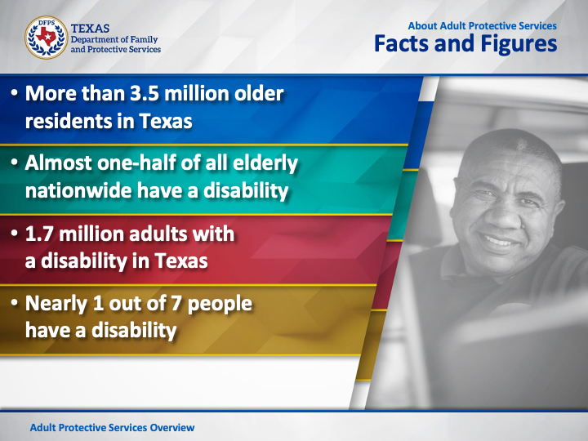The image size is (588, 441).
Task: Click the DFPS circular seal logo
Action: [x=46, y=38]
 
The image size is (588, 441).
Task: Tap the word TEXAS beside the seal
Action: [x=90, y=29]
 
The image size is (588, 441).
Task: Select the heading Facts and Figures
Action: [x=465, y=44]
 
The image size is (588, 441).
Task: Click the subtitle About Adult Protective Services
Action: [x=483, y=26]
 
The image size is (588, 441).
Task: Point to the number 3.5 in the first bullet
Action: [x=145, y=93]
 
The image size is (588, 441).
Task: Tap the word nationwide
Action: [x=78, y=190]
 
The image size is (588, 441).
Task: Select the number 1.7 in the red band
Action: [x=39, y=234]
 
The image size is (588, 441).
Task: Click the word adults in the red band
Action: [x=158, y=234]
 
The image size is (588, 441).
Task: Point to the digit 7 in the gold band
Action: [x=176, y=303]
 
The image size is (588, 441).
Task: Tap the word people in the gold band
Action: [x=220, y=305]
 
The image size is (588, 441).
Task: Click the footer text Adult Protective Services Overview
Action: [x=112, y=428]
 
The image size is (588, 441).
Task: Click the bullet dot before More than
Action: [x=14, y=92]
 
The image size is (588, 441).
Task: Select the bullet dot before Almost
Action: [x=14, y=162]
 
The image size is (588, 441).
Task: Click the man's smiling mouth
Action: [x=500, y=240]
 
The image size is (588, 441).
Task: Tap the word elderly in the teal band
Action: [x=265, y=163]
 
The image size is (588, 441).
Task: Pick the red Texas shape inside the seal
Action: [x=46, y=37]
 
